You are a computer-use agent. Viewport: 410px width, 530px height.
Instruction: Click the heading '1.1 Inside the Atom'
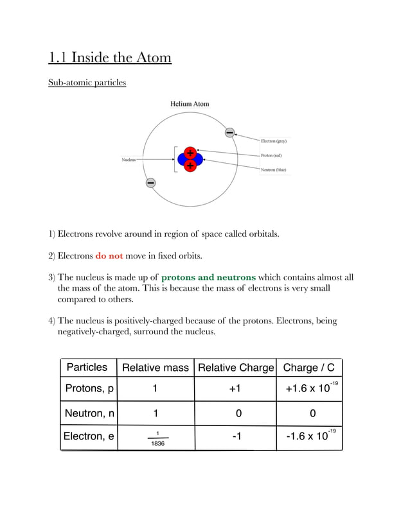point(110,58)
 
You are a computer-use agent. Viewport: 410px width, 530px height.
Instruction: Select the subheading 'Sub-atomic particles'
point(87,83)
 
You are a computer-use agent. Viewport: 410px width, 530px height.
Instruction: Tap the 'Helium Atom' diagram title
point(189,104)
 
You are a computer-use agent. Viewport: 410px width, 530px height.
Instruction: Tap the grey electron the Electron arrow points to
point(229,133)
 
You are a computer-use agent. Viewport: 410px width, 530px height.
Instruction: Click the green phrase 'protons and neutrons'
point(208,277)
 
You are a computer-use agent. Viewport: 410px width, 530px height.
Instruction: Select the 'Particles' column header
point(87,367)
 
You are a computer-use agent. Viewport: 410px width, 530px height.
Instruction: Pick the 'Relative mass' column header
point(156,368)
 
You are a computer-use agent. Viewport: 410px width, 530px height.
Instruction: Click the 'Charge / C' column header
point(309,368)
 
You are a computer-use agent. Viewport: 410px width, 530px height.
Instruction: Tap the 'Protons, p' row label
point(89,389)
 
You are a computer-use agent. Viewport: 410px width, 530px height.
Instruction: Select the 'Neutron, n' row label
point(89,413)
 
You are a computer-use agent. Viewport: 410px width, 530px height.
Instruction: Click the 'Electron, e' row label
point(89,436)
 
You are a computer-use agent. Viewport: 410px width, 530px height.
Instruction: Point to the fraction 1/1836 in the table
point(157,438)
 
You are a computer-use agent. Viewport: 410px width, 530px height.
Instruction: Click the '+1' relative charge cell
point(235,389)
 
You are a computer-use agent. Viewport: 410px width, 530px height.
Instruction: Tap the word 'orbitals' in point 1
point(261,234)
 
